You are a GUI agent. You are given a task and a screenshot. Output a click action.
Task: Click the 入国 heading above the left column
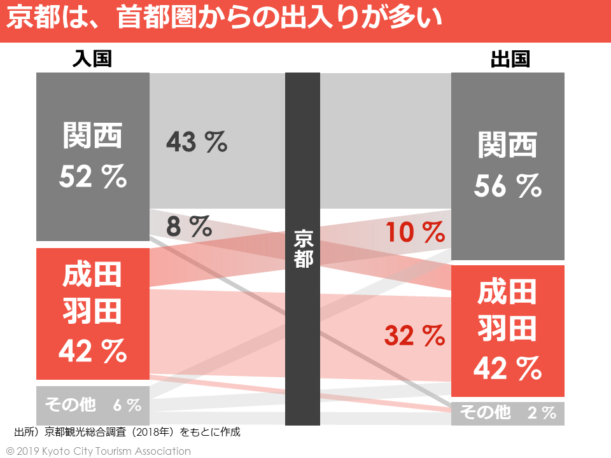click(x=92, y=59)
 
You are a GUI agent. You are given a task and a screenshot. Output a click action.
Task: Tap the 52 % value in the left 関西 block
click(x=93, y=177)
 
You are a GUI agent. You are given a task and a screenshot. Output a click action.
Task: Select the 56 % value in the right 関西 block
click(x=507, y=186)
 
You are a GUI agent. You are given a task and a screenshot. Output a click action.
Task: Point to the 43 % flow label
click(x=196, y=142)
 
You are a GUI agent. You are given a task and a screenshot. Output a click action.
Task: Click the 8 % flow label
click(x=188, y=226)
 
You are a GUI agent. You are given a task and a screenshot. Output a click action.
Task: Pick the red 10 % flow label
click(x=415, y=233)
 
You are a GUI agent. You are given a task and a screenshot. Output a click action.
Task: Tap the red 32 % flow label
click(x=414, y=335)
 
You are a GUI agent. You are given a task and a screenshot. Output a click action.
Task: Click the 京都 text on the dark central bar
click(x=303, y=248)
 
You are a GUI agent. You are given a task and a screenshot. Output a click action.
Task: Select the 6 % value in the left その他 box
click(x=127, y=405)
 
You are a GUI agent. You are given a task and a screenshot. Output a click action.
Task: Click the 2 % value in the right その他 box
click(x=542, y=413)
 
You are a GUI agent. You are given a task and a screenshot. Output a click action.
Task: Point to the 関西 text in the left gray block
click(x=93, y=135)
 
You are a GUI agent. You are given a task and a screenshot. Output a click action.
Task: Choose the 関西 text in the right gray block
click(x=507, y=145)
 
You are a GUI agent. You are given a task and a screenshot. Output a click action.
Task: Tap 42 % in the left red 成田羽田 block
click(x=93, y=350)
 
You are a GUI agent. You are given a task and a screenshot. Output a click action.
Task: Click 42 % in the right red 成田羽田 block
click(x=507, y=368)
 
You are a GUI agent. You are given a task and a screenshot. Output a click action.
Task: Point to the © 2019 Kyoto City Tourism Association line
click(x=99, y=451)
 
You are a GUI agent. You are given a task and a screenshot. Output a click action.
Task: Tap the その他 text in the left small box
click(x=71, y=405)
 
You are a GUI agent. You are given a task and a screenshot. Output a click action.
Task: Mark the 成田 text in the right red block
click(x=507, y=293)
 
